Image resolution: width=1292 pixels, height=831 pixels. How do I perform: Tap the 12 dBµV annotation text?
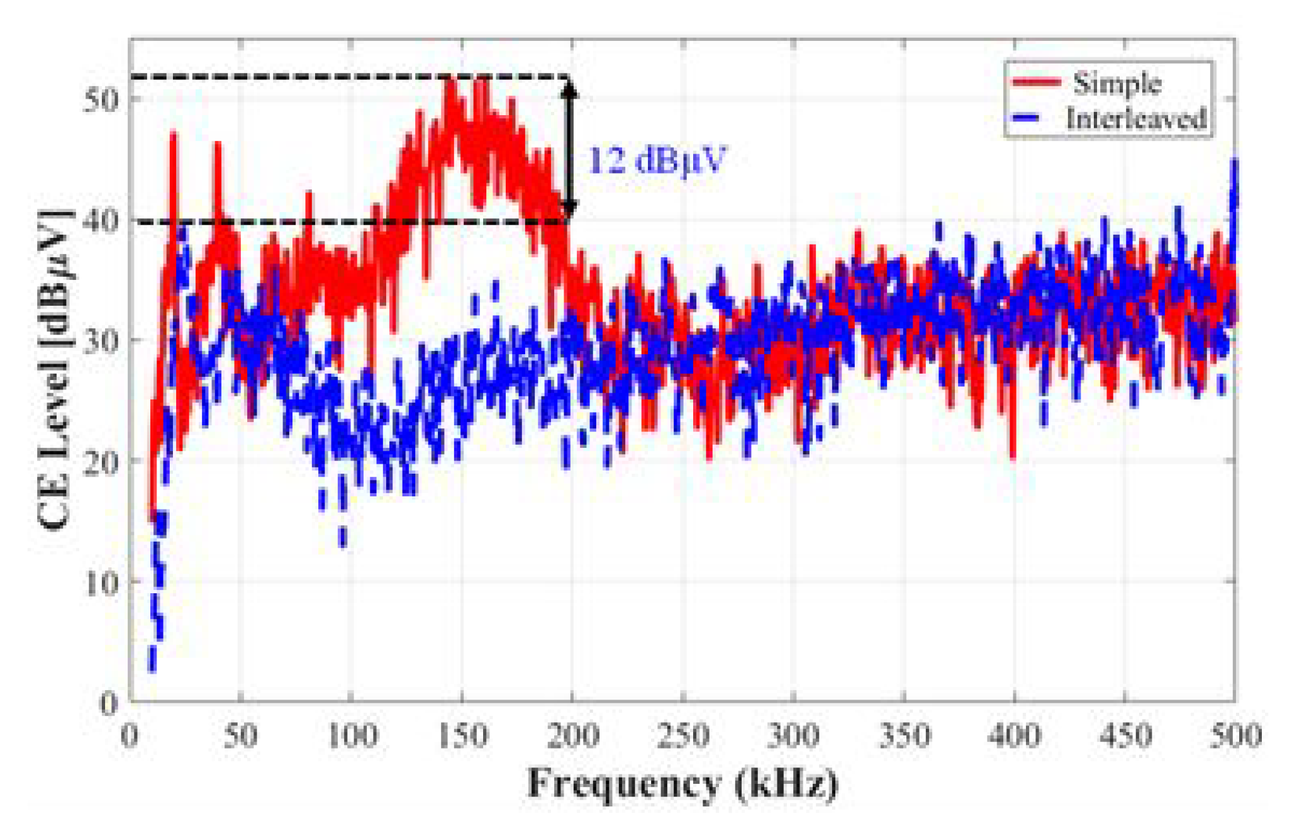pos(656,160)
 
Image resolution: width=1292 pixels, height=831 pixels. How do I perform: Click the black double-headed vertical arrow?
pos(569,149)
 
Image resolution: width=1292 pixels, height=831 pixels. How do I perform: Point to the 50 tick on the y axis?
pos(101,99)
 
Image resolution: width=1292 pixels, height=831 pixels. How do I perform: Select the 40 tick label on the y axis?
pos(101,220)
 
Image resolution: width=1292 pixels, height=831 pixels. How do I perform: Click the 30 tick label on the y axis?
pos(101,340)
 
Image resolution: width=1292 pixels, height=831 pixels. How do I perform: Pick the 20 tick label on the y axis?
pos(101,461)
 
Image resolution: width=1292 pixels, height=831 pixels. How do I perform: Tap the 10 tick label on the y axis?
pos(101,582)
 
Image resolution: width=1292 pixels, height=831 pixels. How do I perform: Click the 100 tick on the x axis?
pos(351,735)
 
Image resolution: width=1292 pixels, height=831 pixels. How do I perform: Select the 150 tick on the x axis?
pos(462,735)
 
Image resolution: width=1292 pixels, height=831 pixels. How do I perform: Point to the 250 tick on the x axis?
pos(683,735)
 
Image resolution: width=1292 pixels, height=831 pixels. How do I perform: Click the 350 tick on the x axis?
pos(904,735)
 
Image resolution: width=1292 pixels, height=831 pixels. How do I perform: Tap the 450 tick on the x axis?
pos(1125,735)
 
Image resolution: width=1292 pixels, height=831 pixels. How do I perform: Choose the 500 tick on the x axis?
pos(1235,735)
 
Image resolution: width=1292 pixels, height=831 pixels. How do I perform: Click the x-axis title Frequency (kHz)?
pos(682,784)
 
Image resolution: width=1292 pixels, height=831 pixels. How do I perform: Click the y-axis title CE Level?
pos(53,371)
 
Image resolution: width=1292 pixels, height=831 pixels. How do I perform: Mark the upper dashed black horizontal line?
pos(346,77)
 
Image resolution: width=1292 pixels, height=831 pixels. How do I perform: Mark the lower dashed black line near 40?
pos(346,221)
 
